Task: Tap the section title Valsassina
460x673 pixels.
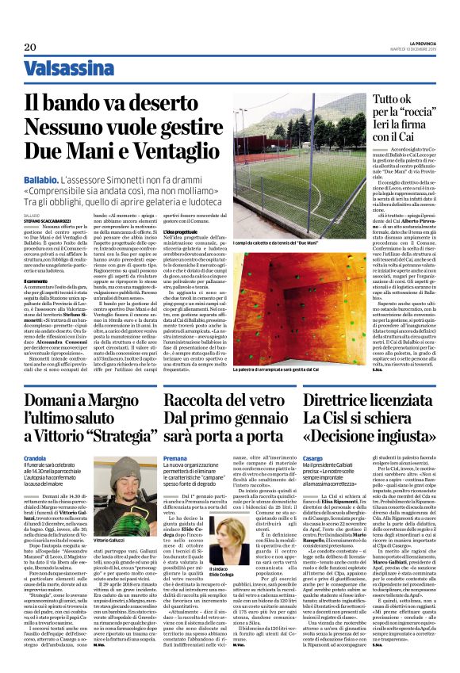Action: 58,70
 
